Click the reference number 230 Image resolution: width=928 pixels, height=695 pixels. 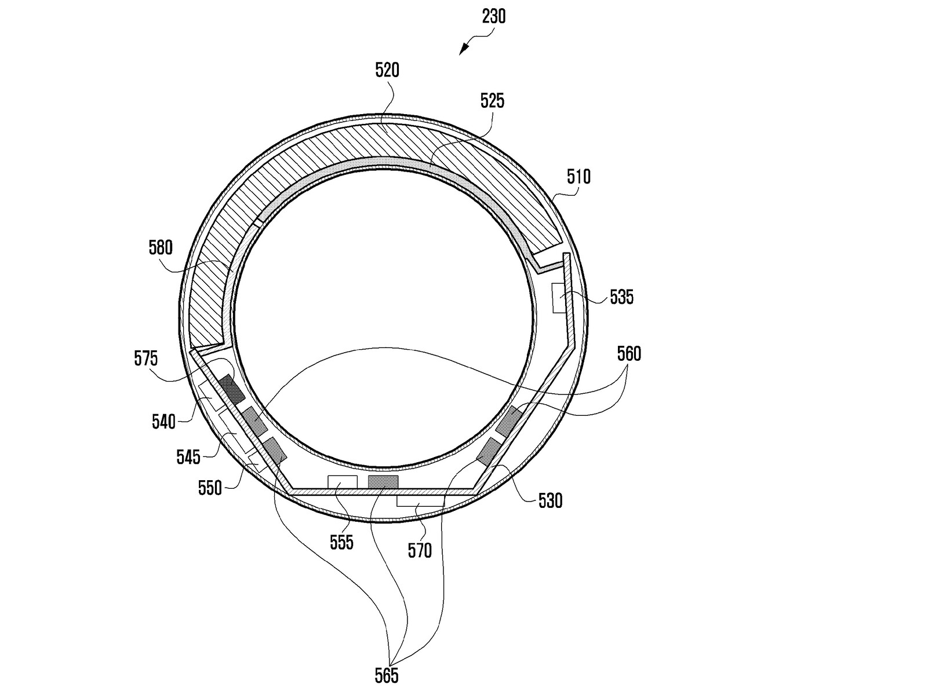point(493,16)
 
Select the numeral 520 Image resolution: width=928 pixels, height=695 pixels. point(387,71)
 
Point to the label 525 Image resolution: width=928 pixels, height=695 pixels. point(493,101)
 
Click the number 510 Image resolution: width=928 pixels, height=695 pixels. point(578,177)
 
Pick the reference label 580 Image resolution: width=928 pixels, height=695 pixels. point(161,248)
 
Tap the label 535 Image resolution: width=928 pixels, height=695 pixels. point(622,297)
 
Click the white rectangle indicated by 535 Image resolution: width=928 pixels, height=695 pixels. point(560,298)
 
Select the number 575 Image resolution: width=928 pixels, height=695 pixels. point(146,359)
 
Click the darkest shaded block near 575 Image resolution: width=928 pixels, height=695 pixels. point(232,389)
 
